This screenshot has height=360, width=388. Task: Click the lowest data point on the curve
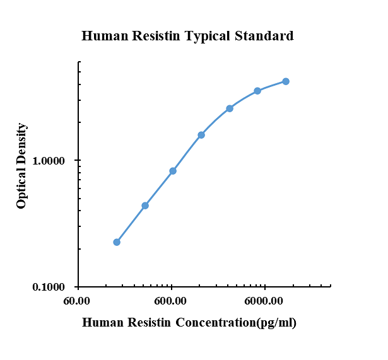pos(117,242)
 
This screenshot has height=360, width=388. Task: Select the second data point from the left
pos(145,206)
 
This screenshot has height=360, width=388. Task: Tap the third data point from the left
pos(173,171)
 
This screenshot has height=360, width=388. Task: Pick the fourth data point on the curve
pos(201,135)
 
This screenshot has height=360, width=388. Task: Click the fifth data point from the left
pos(230,108)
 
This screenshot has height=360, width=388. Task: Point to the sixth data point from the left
pos(257,91)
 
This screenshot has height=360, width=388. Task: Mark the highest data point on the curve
pos(286,81)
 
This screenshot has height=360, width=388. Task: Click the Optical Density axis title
pos(22,165)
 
